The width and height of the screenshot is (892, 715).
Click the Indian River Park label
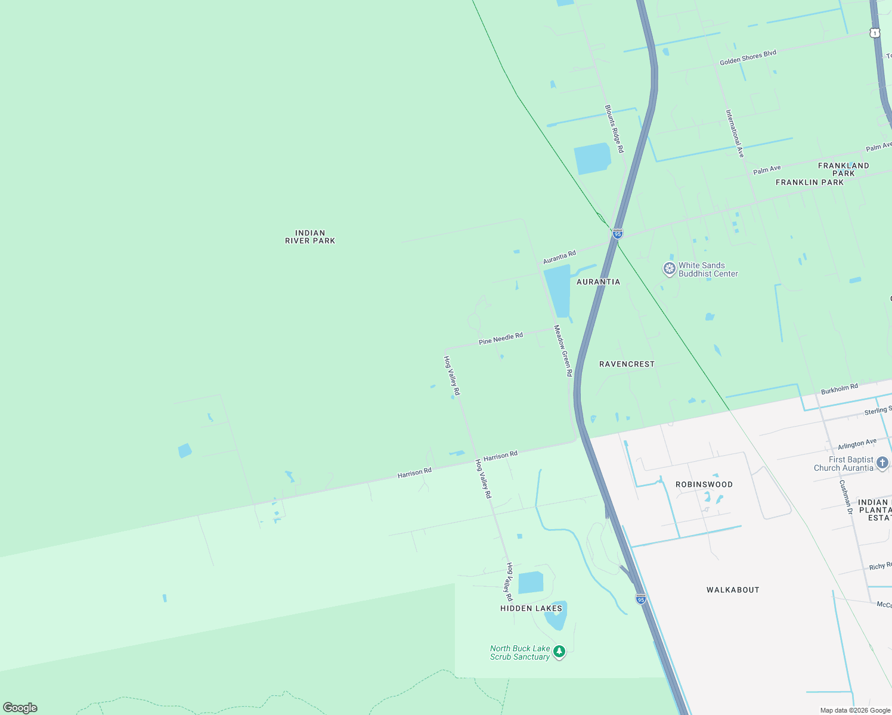click(310, 237)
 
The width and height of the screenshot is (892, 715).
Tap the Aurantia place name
click(598, 282)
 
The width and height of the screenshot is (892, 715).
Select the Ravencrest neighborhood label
click(627, 364)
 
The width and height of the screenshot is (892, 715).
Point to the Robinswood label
click(704, 484)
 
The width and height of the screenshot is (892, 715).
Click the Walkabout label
click(733, 590)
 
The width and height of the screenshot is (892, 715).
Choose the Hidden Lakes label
click(531, 608)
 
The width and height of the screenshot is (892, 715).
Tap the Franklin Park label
click(809, 182)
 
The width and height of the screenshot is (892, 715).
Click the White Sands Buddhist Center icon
click(670, 269)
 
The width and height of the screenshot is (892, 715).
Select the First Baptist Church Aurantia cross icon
click(882, 463)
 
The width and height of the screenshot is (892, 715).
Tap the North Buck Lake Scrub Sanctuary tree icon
click(559, 652)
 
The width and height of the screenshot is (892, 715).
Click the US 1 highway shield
click(875, 33)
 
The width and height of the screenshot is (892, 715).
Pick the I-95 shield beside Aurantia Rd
click(618, 234)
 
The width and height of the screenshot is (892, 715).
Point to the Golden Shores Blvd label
click(748, 58)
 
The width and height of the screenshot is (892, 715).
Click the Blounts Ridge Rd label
click(614, 129)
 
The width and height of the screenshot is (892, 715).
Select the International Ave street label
click(735, 133)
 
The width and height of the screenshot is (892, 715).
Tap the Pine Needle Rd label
click(500, 338)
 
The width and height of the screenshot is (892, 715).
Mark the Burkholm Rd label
click(839, 389)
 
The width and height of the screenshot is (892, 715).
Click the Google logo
click(20, 708)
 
